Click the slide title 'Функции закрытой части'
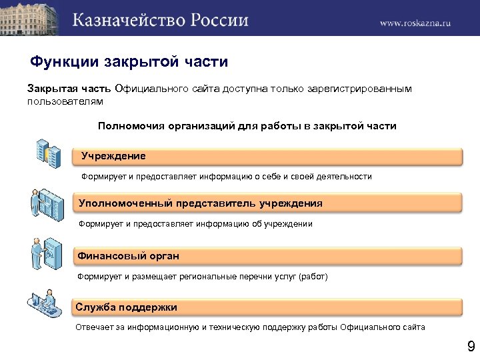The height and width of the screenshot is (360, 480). point(129,62)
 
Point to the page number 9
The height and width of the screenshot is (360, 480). point(471,346)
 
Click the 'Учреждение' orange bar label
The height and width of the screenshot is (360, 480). point(114,155)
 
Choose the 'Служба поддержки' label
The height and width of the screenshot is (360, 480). point(127,307)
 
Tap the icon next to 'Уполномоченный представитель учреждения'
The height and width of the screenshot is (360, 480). point(46,204)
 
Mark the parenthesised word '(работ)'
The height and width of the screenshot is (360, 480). point(313,275)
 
